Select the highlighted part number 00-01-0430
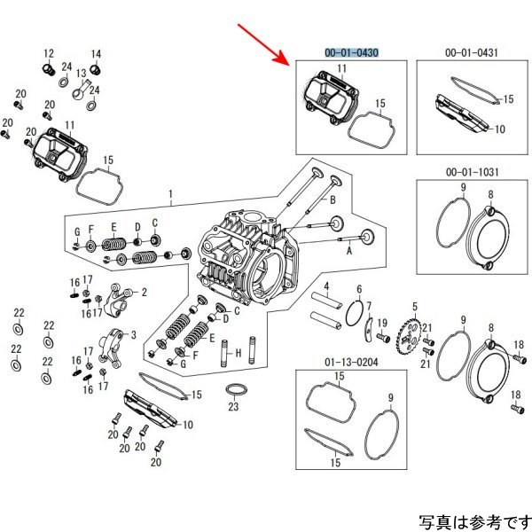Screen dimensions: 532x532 click(352, 53)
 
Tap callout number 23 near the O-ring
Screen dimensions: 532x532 click(233, 407)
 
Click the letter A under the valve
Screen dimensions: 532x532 click(348, 251)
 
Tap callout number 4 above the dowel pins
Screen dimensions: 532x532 click(327, 286)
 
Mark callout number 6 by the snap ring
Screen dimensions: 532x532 click(359, 290)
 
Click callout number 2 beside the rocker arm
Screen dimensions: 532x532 click(145, 291)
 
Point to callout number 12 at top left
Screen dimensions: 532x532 click(49, 52)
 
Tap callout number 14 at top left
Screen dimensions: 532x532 click(96, 52)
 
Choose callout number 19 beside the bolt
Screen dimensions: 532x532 click(383, 322)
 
